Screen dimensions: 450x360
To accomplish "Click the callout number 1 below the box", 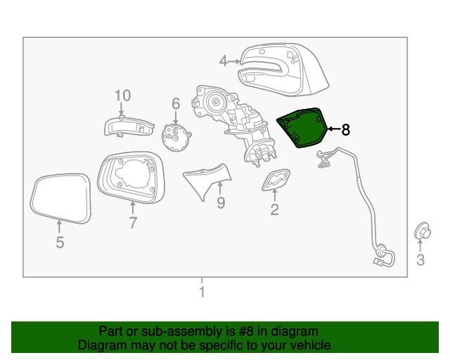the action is [202, 292].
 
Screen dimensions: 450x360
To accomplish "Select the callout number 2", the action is [274, 209].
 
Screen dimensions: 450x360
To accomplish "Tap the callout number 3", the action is [420, 261].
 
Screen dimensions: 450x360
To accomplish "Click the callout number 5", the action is [60, 243].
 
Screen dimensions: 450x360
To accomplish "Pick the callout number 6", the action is [176, 103].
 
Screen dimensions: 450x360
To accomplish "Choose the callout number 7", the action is [133, 223].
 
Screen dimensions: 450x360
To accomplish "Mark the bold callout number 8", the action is [345, 129].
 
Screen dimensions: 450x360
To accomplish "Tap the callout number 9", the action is [220, 203].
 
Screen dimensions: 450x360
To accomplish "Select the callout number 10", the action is [122, 95].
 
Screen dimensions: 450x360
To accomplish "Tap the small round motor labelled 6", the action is [174, 136].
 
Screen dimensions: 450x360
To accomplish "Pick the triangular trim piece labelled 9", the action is [207, 180].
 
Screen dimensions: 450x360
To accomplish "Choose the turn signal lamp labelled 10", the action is [128, 126].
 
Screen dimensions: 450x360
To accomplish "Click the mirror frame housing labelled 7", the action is [131, 176].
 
